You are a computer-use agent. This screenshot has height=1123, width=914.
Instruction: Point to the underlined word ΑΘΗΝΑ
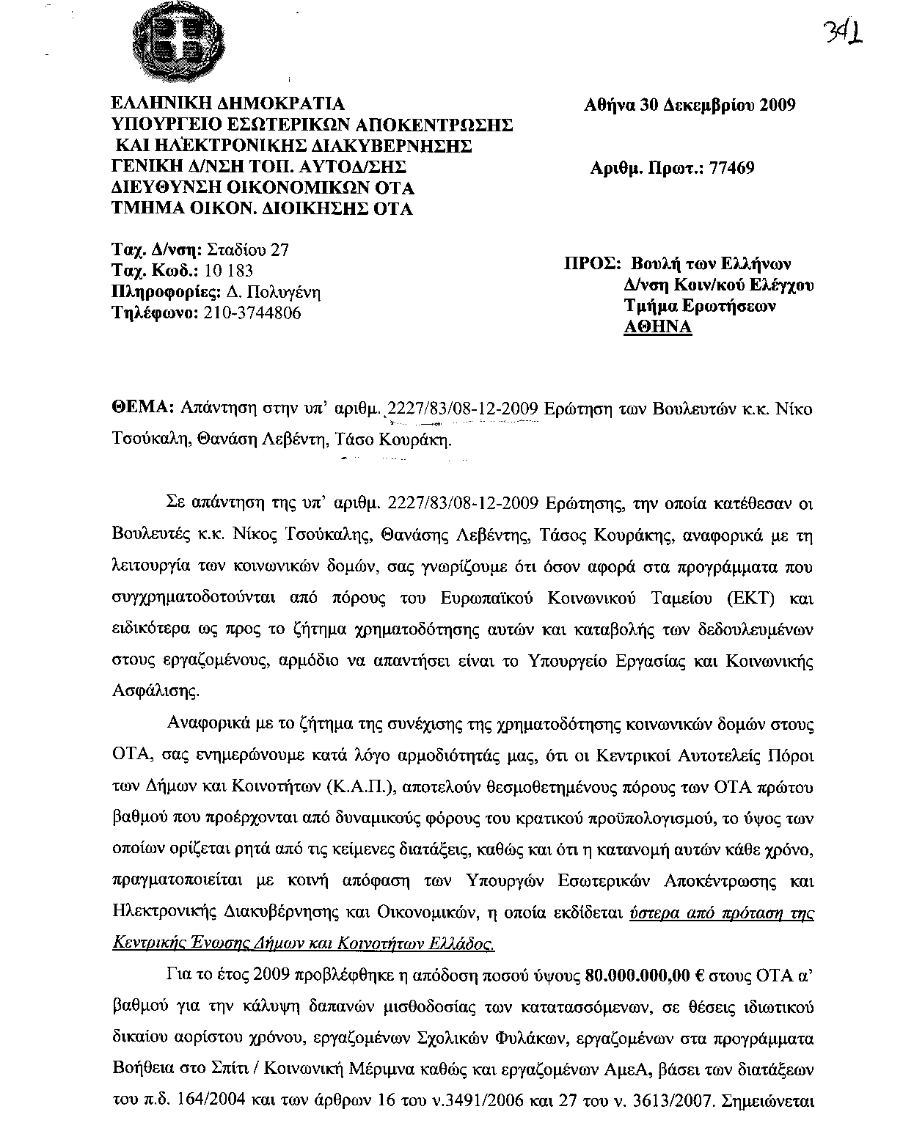pyautogui.click(x=657, y=327)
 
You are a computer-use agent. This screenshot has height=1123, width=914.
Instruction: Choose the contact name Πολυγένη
pyautogui.click(x=286, y=292)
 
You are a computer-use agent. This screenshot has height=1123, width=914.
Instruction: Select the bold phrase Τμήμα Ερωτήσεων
pyautogui.click(x=699, y=306)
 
